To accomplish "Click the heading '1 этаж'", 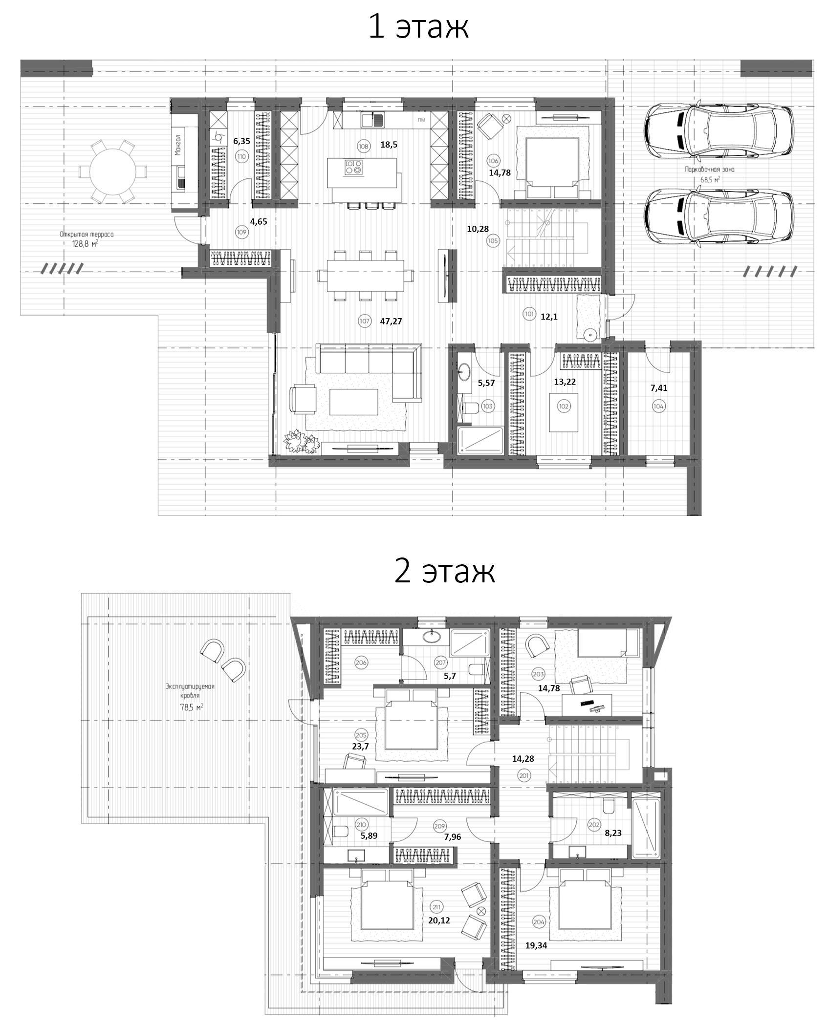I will coord(418,27).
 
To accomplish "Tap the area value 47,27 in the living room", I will coord(391,321).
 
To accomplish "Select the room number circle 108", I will coord(363,146).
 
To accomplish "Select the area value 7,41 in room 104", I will coord(659,388).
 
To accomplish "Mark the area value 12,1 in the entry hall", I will coord(549,316).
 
